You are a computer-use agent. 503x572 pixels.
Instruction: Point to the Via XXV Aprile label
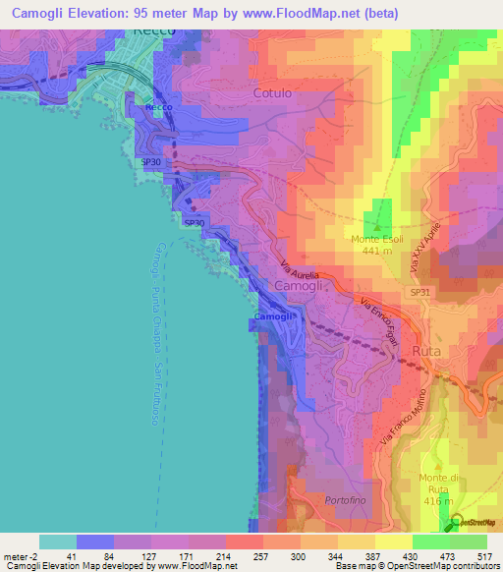pos(421,246)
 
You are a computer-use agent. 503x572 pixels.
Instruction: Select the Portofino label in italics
pos(344,499)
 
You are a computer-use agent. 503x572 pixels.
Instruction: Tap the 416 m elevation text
pos(437,501)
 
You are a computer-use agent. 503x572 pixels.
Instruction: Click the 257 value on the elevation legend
pos(243,556)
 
